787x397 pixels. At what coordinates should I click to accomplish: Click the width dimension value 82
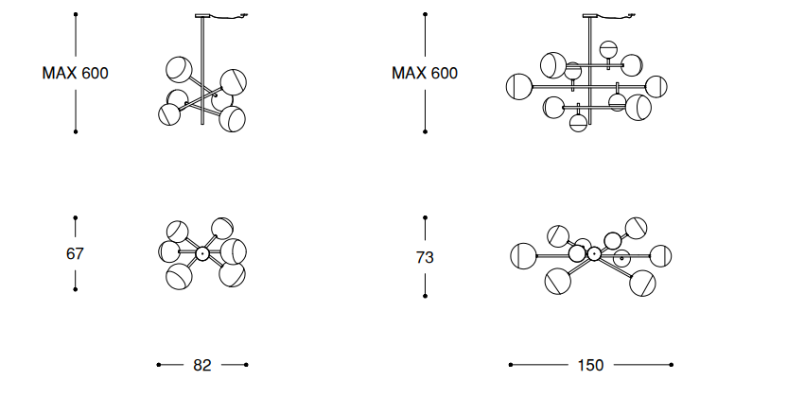tap(202, 365)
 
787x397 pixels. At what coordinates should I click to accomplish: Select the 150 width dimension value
tap(591, 365)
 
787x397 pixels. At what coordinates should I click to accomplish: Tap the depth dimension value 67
tap(75, 253)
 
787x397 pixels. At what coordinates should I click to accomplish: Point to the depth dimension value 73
tap(425, 257)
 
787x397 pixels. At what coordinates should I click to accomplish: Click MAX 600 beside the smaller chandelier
tap(76, 73)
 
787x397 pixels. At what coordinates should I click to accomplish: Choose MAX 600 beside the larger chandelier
tap(425, 73)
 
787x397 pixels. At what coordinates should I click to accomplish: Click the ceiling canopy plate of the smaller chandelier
tap(202, 16)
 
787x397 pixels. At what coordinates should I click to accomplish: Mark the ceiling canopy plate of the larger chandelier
tap(591, 16)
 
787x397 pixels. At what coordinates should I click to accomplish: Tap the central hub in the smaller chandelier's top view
tap(202, 253)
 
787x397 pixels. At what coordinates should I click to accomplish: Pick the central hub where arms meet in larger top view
tap(594, 254)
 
